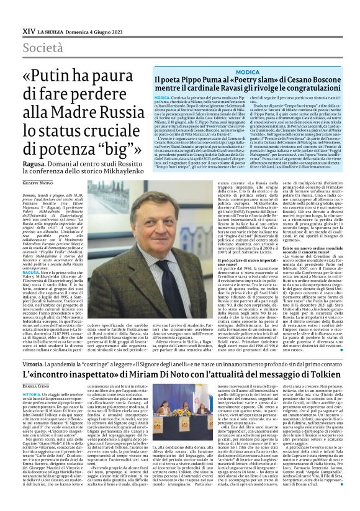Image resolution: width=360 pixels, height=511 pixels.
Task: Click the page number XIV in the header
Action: click(x=28, y=30)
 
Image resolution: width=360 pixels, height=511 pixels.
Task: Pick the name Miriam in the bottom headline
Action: click(x=140, y=361)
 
